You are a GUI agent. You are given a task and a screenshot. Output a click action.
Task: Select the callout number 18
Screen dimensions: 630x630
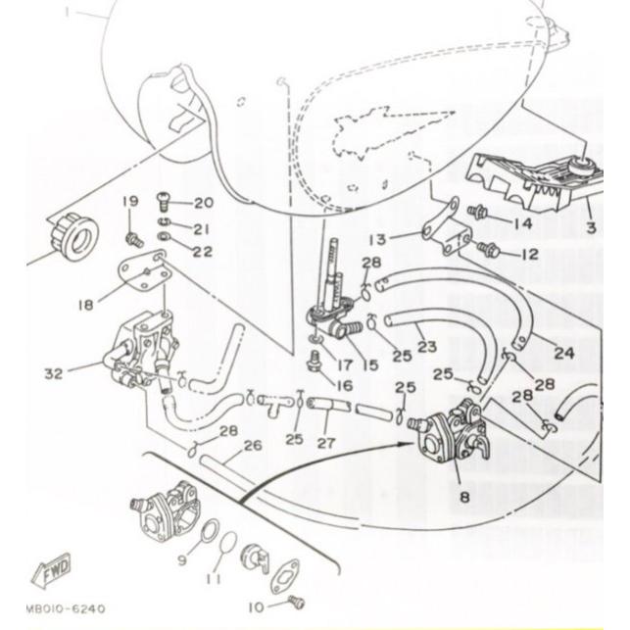pos(85,305)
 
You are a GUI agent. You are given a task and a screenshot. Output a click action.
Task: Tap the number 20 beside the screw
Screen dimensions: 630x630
pos(203,204)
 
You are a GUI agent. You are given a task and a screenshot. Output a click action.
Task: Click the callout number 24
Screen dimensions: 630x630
pos(564,353)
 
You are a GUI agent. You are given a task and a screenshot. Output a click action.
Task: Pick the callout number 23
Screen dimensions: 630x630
pos(426,345)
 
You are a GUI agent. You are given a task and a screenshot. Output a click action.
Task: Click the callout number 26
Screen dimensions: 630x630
pos(253,446)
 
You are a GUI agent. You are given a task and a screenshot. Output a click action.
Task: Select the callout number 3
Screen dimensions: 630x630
pos(591,227)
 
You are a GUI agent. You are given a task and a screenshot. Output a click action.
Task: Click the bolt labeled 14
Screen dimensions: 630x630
pos(479,211)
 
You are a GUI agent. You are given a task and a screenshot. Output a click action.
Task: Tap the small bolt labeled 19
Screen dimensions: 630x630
pos(132,238)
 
